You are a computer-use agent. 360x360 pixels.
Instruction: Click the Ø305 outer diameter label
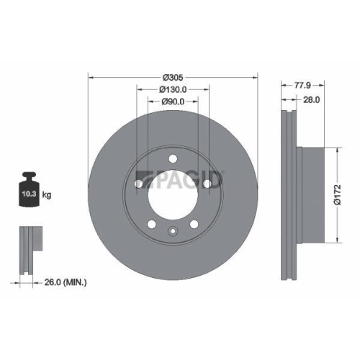click(173, 76)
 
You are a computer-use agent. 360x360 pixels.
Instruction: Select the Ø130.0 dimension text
click(173, 89)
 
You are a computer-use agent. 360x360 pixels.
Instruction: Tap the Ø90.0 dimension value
click(173, 103)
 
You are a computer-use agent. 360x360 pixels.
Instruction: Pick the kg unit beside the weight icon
click(47, 194)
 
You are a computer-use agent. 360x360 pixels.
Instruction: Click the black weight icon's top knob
click(30, 175)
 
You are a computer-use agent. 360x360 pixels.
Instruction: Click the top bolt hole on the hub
click(173, 160)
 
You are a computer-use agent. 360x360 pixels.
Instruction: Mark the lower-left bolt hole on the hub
click(152, 225)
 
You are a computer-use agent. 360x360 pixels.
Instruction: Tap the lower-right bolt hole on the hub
click(194, 225)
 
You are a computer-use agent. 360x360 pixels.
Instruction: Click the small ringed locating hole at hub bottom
click(173, 231)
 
